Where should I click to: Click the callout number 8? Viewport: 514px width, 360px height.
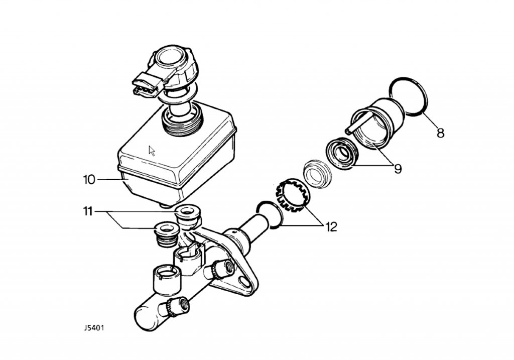[440, 133]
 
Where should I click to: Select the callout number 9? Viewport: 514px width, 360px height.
[398, 169]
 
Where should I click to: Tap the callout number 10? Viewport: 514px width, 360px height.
[89, 180]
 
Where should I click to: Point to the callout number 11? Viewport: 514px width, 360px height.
[88, 212]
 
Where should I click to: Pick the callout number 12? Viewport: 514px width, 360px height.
[331, 226]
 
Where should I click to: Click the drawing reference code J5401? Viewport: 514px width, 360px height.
[94, 328]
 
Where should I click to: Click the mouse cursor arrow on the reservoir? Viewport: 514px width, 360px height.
[152, 151]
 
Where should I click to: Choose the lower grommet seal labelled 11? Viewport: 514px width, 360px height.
[167, 234]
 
